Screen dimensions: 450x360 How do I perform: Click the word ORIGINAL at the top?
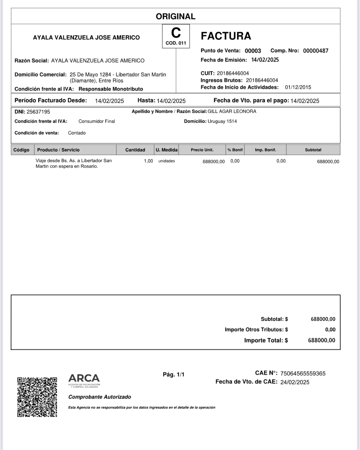(176, 16)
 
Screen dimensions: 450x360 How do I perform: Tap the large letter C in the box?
(176, 33)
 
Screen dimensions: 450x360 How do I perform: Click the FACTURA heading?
(226, 36)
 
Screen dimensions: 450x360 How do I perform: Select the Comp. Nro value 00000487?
(316, 51)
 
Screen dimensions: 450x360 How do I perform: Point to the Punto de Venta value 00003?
(253, 51)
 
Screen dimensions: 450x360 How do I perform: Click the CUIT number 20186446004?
(233, 73)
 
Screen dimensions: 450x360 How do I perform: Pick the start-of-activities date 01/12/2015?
(298, 87)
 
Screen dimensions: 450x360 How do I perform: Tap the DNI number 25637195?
(38, 112)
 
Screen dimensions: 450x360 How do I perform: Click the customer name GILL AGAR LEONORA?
(232, 112)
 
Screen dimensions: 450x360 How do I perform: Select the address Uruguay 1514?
(222, 121)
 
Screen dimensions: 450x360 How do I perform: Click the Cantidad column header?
(135, 150)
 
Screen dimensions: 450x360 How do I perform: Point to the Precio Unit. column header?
(202, 150)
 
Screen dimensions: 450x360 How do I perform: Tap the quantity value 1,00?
(148, 161)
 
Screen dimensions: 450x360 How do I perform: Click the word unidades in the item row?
(167, 161)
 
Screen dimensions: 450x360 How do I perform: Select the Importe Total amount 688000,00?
(321, 340)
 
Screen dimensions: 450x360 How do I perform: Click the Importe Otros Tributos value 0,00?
(330, 330)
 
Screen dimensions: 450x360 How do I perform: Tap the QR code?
(37, 397)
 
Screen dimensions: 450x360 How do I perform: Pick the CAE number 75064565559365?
(303, 374)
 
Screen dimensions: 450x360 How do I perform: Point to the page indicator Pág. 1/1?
(173, 375)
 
